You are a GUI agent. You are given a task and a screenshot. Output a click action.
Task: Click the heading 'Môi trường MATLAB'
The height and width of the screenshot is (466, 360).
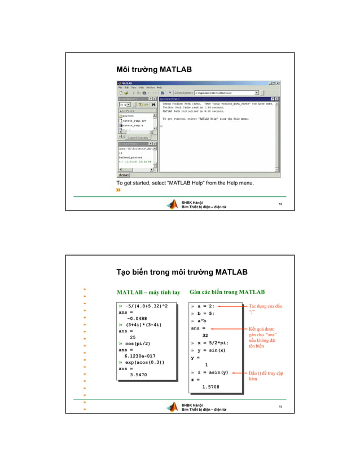pos(154,69)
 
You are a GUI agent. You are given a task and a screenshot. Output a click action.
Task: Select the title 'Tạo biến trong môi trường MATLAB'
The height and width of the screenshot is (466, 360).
pos(182,272)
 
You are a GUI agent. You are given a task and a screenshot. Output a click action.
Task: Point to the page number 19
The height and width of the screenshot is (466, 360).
pos(280,406)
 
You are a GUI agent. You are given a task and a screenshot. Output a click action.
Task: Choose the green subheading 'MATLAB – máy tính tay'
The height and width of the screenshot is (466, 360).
pos(148,292)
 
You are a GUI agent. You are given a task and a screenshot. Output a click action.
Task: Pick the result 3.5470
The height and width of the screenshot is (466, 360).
pos(138,374)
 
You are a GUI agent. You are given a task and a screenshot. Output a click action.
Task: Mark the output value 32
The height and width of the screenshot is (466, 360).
pos(205,335)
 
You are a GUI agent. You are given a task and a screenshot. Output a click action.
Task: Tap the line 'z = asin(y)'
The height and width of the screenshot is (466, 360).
pos(212,372)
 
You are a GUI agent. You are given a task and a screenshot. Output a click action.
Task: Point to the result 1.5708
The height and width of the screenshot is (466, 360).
pos(210,387)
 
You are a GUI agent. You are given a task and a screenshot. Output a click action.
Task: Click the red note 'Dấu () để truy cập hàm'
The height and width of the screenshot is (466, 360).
pos(265,376)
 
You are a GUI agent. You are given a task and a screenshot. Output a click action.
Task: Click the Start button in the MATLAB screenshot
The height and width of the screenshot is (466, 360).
pos(123,175)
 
